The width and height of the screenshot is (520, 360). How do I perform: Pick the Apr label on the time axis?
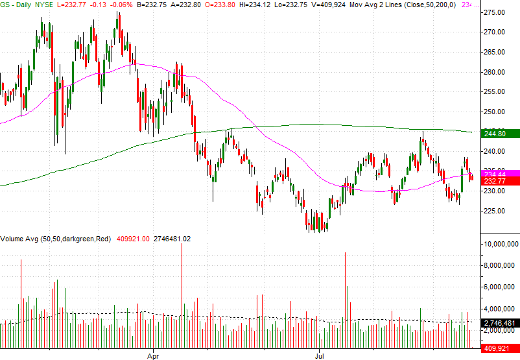coord(154,355)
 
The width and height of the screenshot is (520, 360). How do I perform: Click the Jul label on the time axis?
coord(320,355)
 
